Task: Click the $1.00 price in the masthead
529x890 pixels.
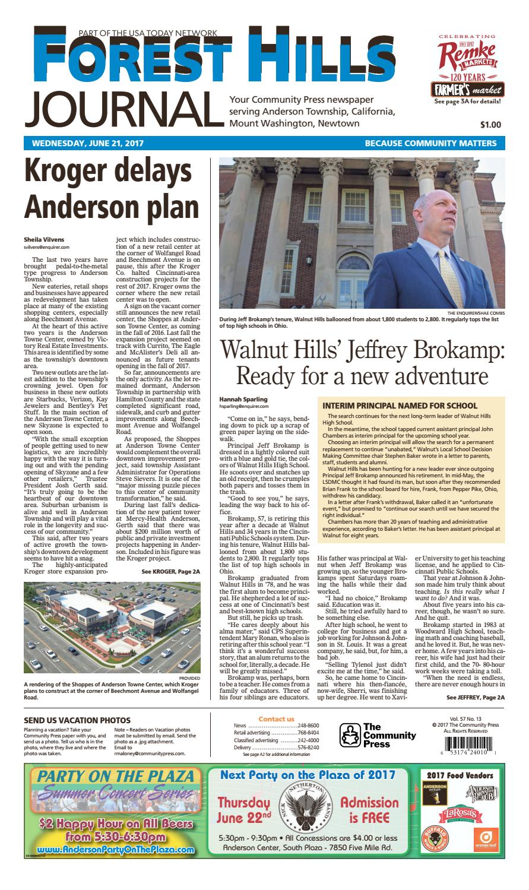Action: (490, 125)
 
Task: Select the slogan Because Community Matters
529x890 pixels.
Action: (430, 143)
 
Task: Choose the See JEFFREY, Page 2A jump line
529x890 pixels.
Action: (475, 698)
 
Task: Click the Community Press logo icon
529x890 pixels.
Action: (350, 736)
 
